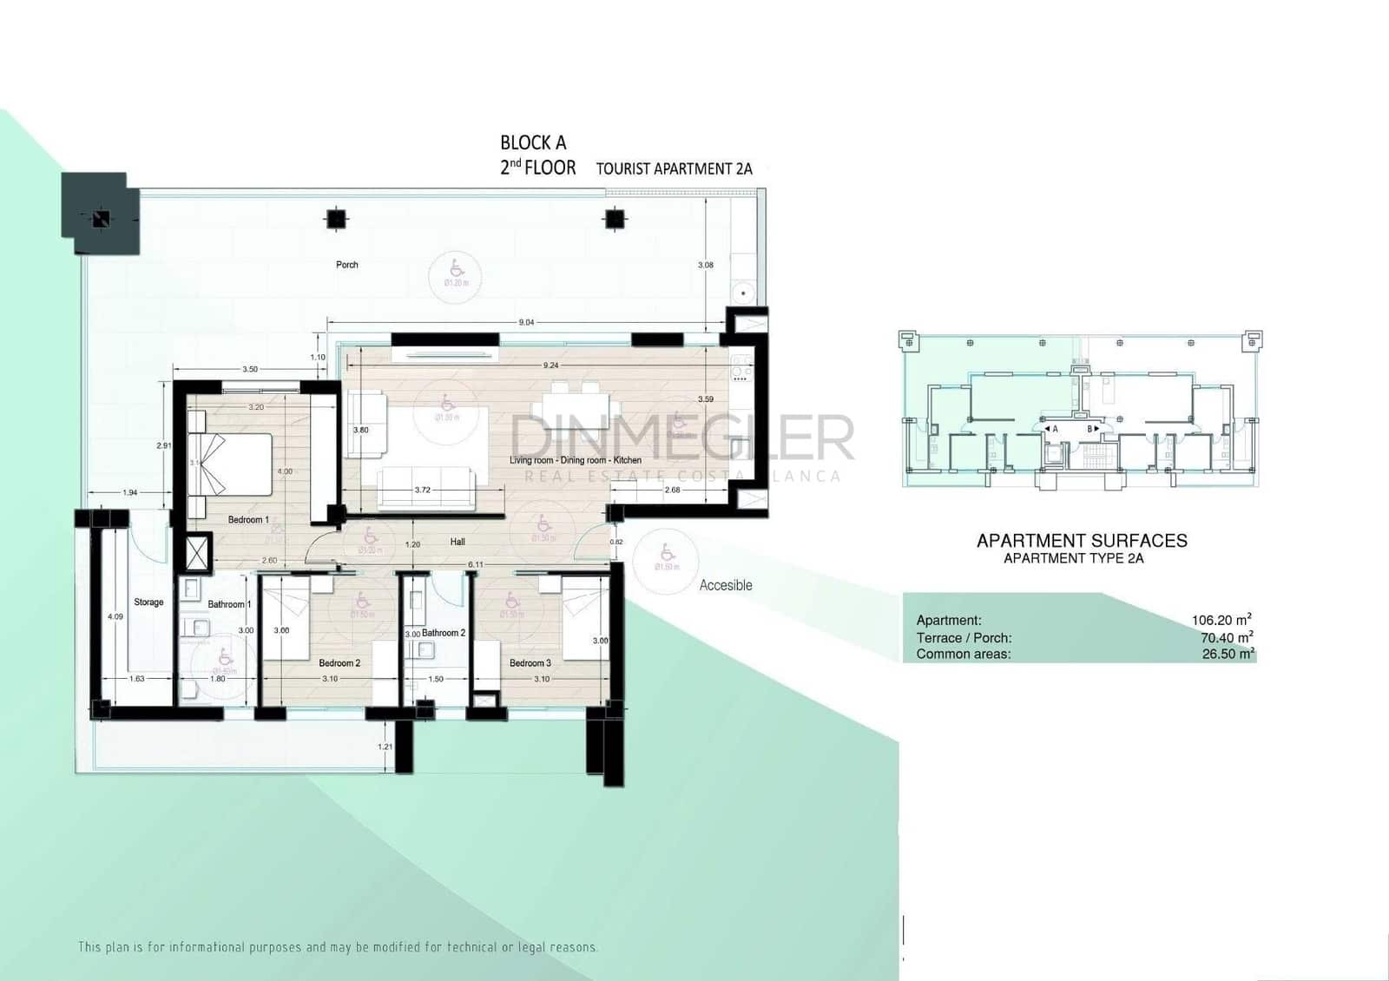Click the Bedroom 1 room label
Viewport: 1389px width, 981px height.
[248, 520]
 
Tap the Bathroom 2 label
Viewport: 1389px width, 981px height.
[444, 633]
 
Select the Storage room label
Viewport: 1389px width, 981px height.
[148, 602]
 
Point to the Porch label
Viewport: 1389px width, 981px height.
[347, 265]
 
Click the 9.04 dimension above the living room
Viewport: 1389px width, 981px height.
[526, 322]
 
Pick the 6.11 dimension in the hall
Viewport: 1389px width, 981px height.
[476, 564]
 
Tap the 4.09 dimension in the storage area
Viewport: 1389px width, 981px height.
[115, 616]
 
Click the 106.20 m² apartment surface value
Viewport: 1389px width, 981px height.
[1221, 620]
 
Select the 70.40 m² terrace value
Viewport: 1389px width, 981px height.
[1226, 637]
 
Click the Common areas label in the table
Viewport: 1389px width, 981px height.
[964, 654]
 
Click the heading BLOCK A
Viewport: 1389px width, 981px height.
[533, 142]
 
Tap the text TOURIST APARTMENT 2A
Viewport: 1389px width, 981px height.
[674, 168]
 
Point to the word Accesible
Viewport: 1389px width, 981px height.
[726, 585]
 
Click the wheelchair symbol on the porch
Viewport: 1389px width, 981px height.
[457, 270]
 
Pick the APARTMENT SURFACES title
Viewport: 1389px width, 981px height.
[1082, 541]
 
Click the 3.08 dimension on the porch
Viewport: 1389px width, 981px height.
[705, 265]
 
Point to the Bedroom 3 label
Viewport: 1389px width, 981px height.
[530, 663]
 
